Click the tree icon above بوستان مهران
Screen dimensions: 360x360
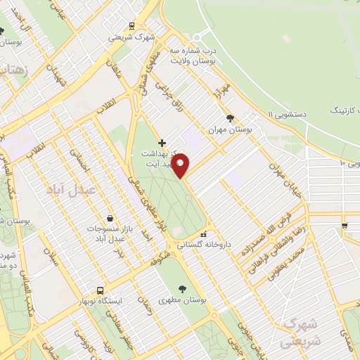[230, 117]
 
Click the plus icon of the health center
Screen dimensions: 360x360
[162, 142]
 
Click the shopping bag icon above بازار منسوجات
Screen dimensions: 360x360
[110, 219]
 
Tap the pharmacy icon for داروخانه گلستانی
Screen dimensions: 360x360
[204, 234]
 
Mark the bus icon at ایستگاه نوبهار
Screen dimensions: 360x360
[100, 290]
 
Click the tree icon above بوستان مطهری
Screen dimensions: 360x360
[184, 288]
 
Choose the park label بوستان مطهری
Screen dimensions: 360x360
[184, 300]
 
